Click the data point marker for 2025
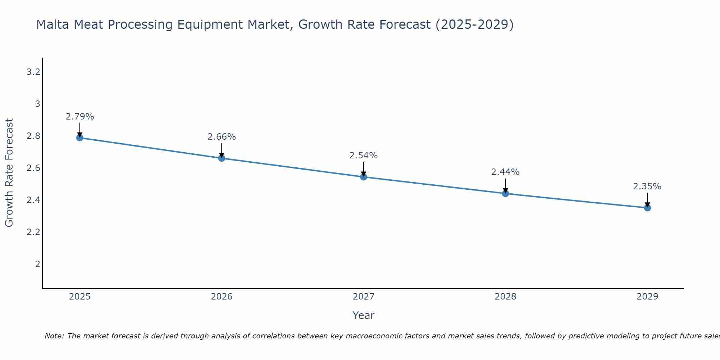(80, 138)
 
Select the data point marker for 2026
(222, 158)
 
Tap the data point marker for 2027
(364, 177)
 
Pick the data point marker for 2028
(505, 193)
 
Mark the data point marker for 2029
(647, 208)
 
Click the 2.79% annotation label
(80, 117)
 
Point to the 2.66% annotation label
(222, 137)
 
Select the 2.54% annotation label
(364, 156)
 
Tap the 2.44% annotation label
(505, 172)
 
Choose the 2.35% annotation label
(647, 186)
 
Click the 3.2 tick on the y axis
(33, 72)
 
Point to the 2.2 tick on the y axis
(33, 232)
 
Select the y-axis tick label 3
(37, 104)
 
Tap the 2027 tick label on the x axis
(364, 297)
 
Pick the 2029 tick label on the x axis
(647, 297)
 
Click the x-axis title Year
(364, 315)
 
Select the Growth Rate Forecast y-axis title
(9, 172)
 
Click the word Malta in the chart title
(53, 24)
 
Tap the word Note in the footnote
(54, 336)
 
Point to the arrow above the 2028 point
(505, 185)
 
